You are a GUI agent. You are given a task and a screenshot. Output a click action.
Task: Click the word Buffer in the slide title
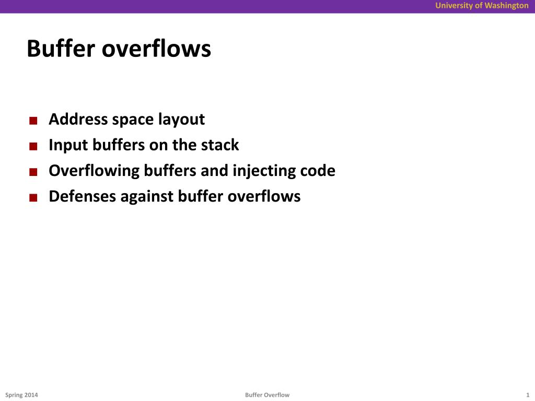pos(61,49)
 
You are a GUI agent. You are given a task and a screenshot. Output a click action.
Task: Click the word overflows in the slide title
pos(156,49)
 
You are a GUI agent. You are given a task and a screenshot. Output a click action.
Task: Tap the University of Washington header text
pos(482,6)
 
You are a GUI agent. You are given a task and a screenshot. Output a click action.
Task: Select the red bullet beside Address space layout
pos(33,121)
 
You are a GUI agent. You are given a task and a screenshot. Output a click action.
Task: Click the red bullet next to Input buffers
pos(33,147)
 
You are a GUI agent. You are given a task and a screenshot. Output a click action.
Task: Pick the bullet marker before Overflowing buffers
pos(33,172)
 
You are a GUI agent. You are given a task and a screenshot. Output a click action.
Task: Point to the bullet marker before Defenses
pos(33,198)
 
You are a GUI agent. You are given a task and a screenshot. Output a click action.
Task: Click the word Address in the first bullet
pos(78,119)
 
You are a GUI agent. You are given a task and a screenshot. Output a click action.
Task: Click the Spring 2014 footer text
pos(21,395)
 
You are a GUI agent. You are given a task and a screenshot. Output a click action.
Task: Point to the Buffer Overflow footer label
pos(267,395)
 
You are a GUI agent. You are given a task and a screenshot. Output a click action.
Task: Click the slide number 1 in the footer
pos(528,395)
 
